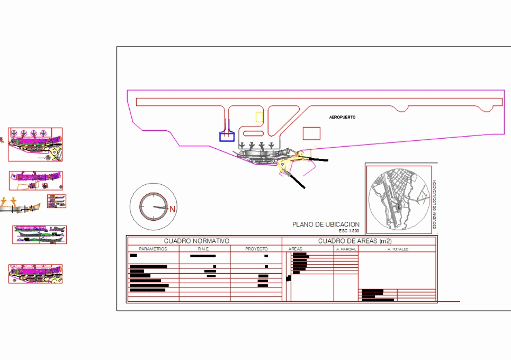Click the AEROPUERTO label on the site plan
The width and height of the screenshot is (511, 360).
pos(342,117)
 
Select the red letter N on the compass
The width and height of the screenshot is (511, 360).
pos(172,209)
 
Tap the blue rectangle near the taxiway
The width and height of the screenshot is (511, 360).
pos(227,137)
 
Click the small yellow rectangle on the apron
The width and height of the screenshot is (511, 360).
pos(259,117)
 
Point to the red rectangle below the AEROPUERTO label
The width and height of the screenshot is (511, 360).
pos(311,133)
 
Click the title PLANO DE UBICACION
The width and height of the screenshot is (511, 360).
pos(326,224)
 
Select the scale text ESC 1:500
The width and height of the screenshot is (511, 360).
pos(349,231)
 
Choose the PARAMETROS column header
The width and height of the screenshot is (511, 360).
pos(153,249)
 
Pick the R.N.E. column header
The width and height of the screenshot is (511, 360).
pos(204,249)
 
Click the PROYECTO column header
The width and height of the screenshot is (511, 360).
pos(256,249)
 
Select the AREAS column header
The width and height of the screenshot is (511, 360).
pos(295,249)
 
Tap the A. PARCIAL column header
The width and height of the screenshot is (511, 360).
pos(346,249)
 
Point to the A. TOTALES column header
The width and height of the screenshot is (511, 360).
pos(398,249)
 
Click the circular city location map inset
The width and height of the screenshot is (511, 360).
pos(399,200)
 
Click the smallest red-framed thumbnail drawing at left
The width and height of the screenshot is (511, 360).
pos(57,201)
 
